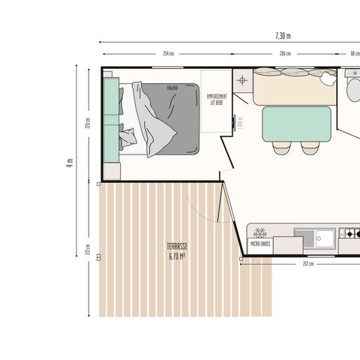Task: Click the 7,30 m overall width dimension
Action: [282, 35]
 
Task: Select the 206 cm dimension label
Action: [285, 54]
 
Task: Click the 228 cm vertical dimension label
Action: [88, 124]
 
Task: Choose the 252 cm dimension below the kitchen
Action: [307, 264]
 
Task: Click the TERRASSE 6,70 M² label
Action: [177, 250]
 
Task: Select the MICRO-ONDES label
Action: [261, 242]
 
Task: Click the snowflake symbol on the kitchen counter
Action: [261, 233]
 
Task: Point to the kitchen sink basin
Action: [324, 238]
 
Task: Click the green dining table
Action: [296, 124]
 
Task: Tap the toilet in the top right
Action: [353, 89]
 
